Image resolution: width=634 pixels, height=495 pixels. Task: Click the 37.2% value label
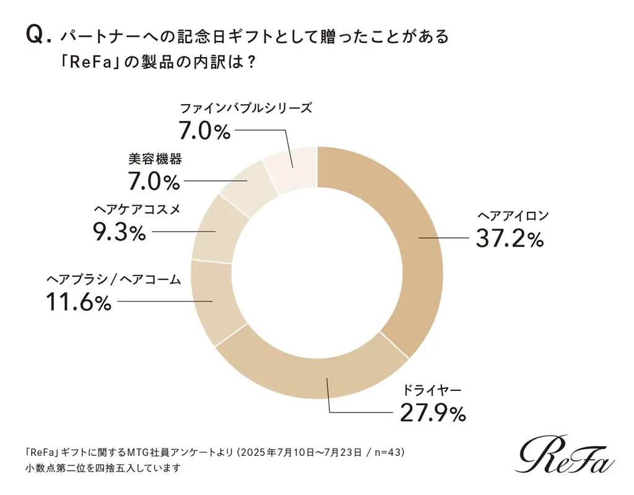[510, 239]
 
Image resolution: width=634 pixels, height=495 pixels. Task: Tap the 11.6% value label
[78, 302]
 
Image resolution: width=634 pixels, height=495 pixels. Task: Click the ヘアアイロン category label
[513, 216]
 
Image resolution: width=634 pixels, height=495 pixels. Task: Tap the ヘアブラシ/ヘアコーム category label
[114, 279]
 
